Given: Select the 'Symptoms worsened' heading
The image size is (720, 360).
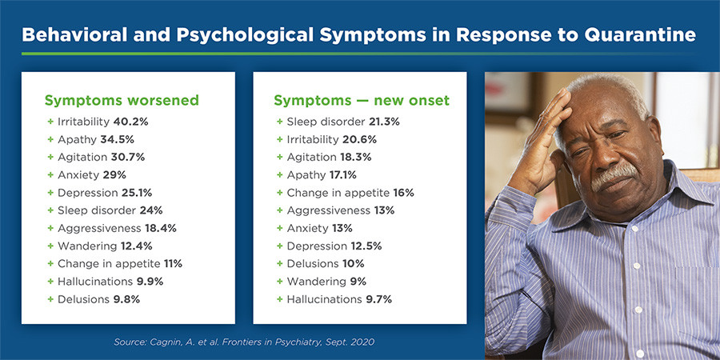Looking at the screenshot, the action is (122, 101).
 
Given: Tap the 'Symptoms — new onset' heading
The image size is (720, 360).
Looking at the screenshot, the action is (362, 101).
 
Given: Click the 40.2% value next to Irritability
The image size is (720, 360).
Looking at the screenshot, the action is (130, 122).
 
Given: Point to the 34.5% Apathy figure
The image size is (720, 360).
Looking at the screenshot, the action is (117, 139).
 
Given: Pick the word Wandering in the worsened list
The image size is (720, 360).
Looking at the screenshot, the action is (87, 246).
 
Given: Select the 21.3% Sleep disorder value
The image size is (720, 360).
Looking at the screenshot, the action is (384, 122).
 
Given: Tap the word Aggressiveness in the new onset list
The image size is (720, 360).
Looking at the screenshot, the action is (328, 210).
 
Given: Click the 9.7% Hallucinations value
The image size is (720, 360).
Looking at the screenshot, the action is (378, 299).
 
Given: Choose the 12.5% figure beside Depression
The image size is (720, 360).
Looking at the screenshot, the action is (366, 246).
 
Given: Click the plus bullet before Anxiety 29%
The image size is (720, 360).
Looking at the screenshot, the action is (50, 175).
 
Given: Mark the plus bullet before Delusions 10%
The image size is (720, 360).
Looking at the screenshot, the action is (280, 263).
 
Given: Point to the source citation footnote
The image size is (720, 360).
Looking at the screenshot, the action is (244, 342).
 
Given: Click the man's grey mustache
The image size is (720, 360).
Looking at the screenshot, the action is (614, 175).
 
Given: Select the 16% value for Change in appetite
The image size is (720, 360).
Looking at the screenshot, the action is (403, 193).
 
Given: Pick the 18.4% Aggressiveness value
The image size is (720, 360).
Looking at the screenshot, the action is (161, 228).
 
